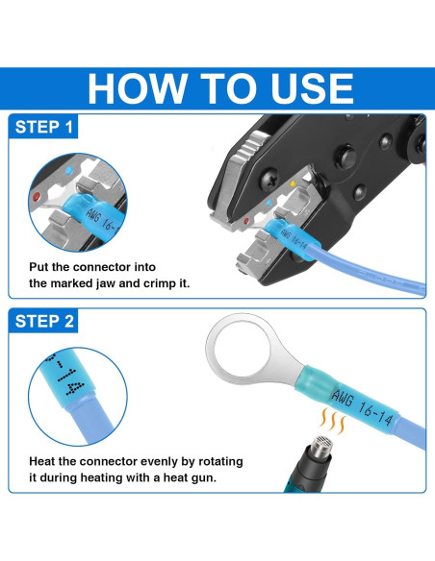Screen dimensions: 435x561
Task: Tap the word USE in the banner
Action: click(312, 88)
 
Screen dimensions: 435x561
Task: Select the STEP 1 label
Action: click(43, 127)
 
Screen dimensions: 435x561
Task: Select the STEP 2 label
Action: click(44, 321)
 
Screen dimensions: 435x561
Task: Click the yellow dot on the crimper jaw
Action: click(293, 183)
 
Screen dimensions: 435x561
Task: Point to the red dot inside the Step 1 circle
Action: click(37, 196)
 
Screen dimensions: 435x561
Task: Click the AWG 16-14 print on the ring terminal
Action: click(362, 405)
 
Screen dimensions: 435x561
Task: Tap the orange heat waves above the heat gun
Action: click(332, 421)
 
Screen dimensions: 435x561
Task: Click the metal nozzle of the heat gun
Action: click(321, 447)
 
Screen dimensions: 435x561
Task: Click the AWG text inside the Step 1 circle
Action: click(92, 215)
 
